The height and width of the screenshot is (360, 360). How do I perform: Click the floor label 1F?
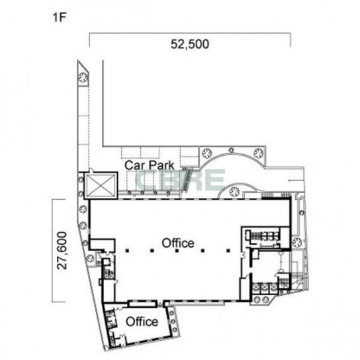(x=60, y=17)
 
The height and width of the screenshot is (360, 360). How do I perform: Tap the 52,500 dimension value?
(x=190, y=44)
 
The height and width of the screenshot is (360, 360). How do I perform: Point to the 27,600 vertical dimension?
(x=62, y=251)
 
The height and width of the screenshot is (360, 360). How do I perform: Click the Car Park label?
(x=150, y=165)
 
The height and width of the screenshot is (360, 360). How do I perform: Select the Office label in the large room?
(x=178, y=243)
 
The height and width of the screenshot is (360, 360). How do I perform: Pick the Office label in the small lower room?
(x=142, y=322)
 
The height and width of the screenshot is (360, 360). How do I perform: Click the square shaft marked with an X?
(x=101, y=185)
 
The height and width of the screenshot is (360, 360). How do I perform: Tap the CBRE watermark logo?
(x=181, y=179)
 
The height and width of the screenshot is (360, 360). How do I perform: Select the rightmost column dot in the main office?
(x=228, y=251)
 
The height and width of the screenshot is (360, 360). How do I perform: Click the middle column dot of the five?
(x=177, y=251)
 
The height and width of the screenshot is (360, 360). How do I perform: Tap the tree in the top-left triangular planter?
(x=83, y=77)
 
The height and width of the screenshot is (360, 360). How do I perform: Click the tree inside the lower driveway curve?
(x=234, y=191)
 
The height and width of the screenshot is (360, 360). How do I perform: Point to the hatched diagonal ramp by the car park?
(x=187, y=180)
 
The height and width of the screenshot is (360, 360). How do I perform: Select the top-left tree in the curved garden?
(x=206, y=153)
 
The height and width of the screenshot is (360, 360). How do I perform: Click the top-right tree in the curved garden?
(x=259, y=153)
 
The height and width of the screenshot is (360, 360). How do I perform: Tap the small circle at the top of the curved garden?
(x=231, y=150)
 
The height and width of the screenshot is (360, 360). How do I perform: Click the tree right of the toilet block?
(x=296, y=242)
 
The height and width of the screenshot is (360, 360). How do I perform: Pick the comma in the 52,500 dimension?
(x=184, y=48)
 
